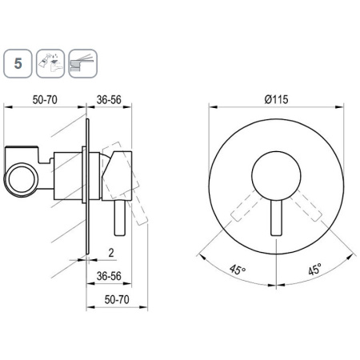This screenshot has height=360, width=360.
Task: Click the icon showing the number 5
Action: coord(18,63)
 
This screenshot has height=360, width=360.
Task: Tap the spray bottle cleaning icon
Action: coord(50,63)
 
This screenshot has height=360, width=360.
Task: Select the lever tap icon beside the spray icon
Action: coord(83,63)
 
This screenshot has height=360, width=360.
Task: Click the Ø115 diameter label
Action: coord(276,99)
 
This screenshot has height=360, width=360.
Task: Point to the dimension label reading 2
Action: coord(111,252)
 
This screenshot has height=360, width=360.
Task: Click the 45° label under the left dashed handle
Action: coord(238,270)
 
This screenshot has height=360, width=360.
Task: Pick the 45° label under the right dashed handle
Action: coord(315,269)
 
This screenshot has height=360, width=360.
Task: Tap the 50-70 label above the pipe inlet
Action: coord(45,100)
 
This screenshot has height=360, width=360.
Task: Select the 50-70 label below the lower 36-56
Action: coord(117,299)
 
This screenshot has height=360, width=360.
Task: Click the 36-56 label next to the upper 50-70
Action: coord(109,100)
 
